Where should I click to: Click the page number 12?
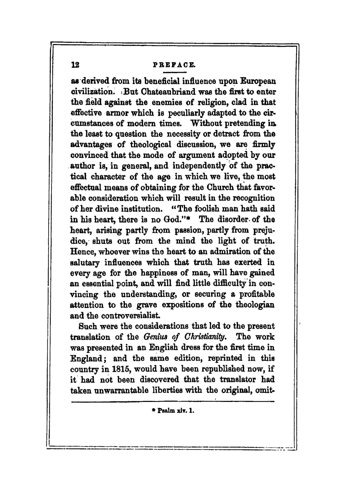(75, 65)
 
